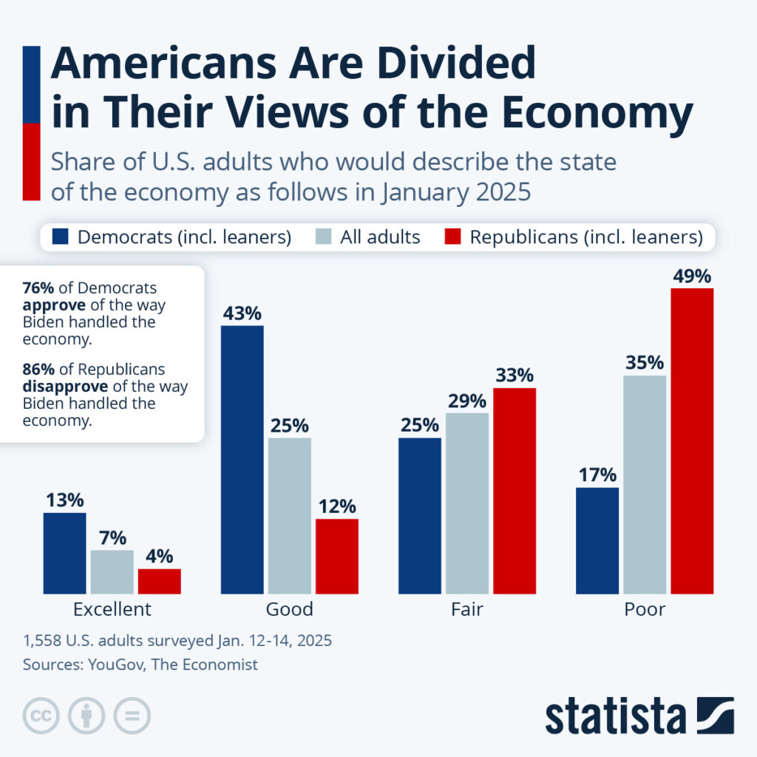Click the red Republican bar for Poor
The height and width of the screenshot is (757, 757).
click(692, 441)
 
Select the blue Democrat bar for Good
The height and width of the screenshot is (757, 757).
click(242, 459)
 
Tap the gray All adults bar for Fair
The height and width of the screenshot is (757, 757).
click(466, 503)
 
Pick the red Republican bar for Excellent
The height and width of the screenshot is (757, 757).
click(159, 581)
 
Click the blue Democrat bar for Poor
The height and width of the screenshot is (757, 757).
click(597, 540)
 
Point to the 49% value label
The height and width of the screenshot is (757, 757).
click(692, 276)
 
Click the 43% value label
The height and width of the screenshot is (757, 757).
click(242, 313)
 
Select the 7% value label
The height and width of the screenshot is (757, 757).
click(112, 538)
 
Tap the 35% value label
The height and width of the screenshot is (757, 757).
click(645, 364)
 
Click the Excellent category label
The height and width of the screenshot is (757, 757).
click(112, 609)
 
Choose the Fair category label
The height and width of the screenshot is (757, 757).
click(466, 609)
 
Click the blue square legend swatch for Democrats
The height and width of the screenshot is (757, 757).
click(61, 237)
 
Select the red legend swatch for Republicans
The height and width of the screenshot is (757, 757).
click(453, 237)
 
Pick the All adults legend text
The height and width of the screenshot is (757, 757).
click(379, 237)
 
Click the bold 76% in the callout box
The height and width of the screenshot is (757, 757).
click(37, 288)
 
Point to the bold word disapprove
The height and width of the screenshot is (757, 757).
click(58, 387)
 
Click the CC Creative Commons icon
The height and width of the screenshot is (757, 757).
click(41, 716)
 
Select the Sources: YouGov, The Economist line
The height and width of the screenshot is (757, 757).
click(140, 664)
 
